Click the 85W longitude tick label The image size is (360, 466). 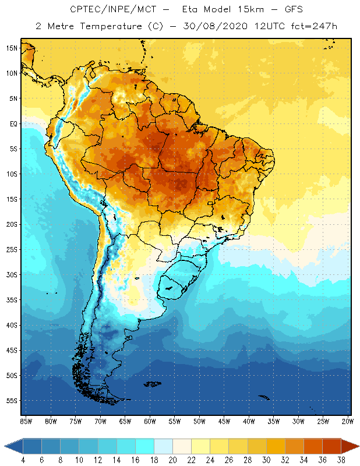point(26,421)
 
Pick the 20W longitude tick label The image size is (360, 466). point(348,421)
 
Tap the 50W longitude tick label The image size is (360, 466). point(199,421)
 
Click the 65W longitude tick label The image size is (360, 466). point(125,421)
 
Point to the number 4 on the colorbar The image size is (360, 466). point(23,460)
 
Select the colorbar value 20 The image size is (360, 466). point(172,460)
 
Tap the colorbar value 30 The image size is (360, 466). point(266,460)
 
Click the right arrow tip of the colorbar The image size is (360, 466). point(357,446)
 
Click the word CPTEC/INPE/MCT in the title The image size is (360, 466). point(108,10)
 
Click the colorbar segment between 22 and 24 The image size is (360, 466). point(200,446)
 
